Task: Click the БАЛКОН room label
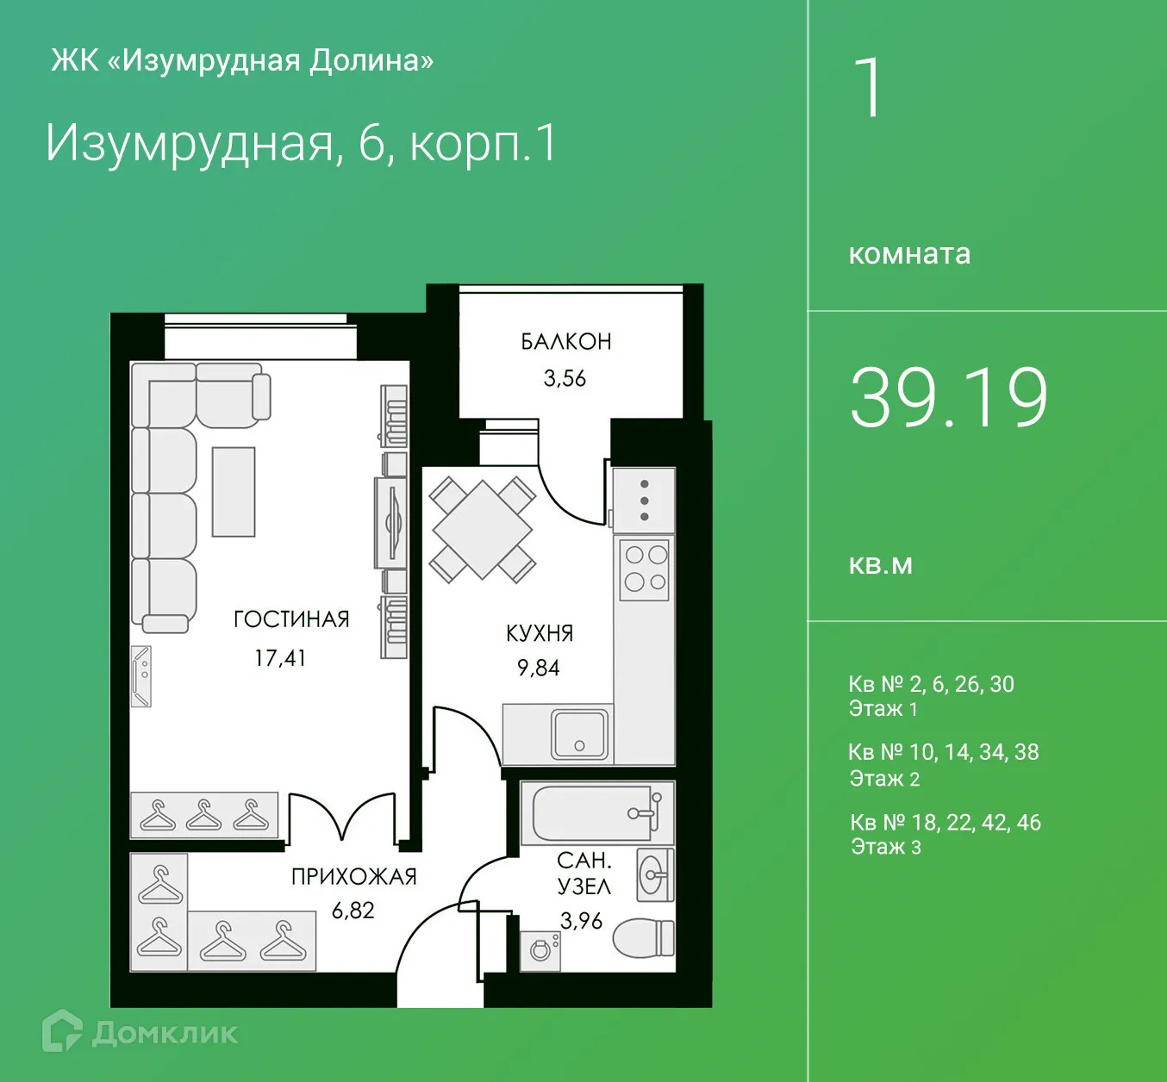pyautogui.click(x=566, y=342)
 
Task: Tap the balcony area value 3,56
pyautogui.click(x=565, y=378)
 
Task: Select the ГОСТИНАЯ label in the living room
pyautogui.click(x=291, y=619)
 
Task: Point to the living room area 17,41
pyautogui.click(x=280, y=658)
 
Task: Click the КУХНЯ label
pyautogui.click(x=540, y=633)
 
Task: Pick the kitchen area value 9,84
pyautogui.click(x=539, y=668)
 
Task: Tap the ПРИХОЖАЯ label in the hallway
pyautogui.click(x=353, y=877)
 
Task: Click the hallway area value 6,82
pyautogui.click(x=353, y=911)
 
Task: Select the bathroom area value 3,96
pyautogui.click(x=582, y=921)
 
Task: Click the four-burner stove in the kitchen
pyautogui.click(x=646, y=569)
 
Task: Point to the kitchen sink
pyautogui.click(x=579, y=734)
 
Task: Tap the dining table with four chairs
pyautogui.click(x=483, y=530)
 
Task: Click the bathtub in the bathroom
pyautogui.click(x=595, y=813)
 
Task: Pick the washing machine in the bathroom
pyautogui.click(x=540, y=950)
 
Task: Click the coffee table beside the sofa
pyautogui.click(x=234, y=492)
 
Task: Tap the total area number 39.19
pyautogui.click(x=949, y=398)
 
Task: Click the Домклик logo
pyautogui.click(x=140, y=1031)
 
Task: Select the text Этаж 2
pyautogui.click(x=885, y=779)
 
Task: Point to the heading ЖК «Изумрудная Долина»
pyautogui.click(x=242, y=60)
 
